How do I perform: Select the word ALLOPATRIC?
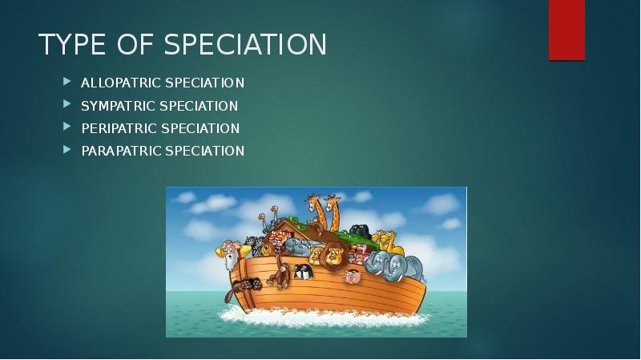(119, 83)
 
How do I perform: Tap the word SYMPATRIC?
(118, 106)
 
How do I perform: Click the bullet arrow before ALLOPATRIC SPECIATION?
(67, 83)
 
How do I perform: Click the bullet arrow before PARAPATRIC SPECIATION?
(67, 151)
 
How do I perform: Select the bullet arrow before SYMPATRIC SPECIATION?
(67, 106)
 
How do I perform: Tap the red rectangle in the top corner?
(566, 30)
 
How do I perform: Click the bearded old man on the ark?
(229, 255)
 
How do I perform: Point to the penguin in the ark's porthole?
(303, 271)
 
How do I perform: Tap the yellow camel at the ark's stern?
(389, 239)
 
